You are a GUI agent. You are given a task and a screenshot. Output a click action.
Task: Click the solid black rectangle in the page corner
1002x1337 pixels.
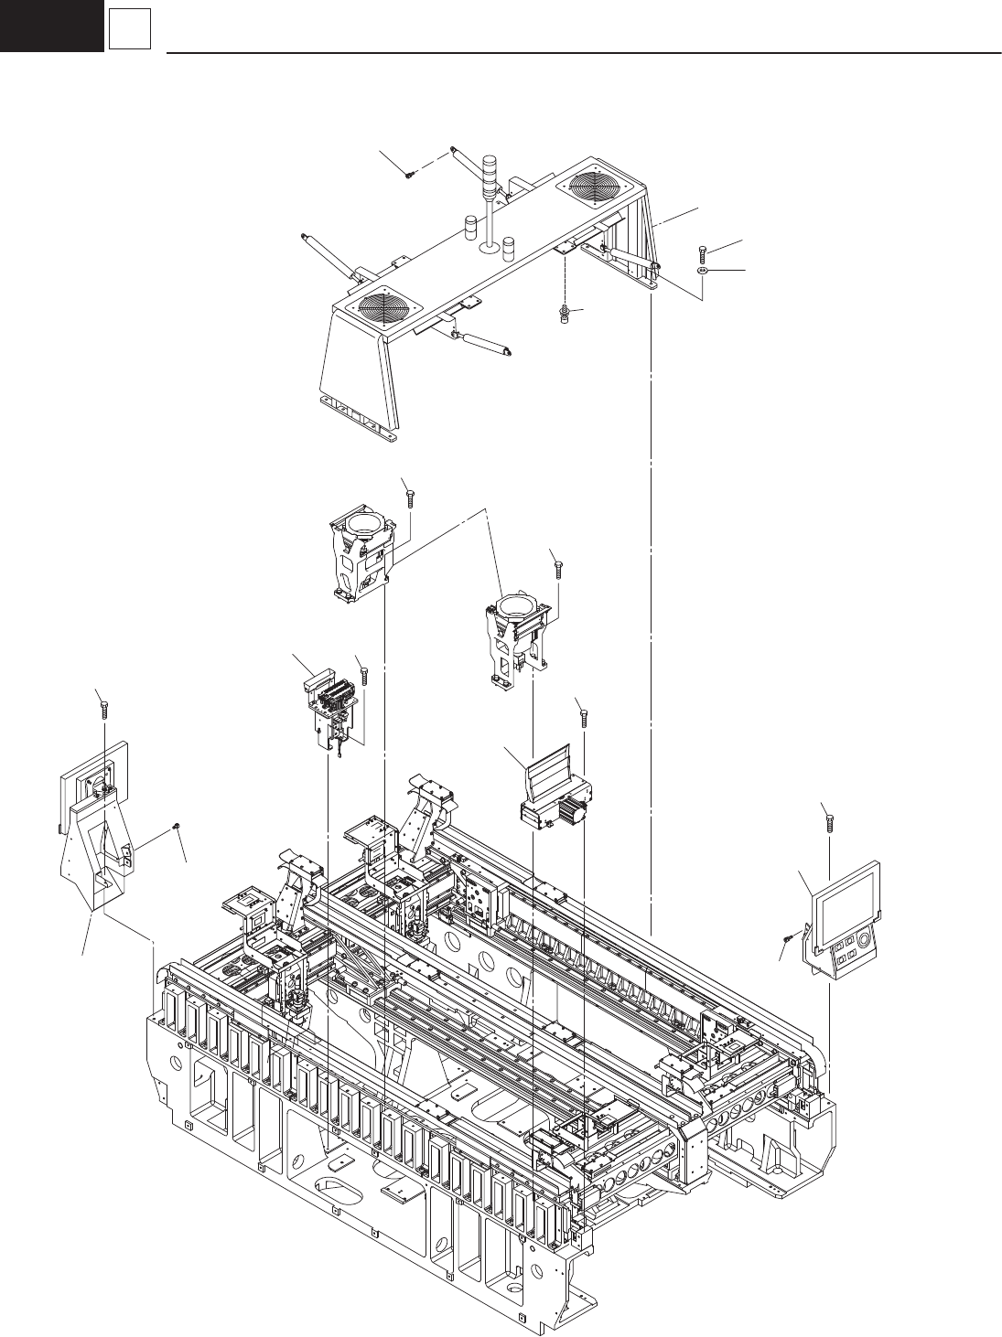pyautogui.click(x=51, y=26)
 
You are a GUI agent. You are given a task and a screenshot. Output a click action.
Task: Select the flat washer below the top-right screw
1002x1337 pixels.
pyautogui.click(x=702, y=271)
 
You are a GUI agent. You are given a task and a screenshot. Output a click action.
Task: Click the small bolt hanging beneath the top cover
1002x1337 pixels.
pyautogui.click(x=565, y=316)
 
